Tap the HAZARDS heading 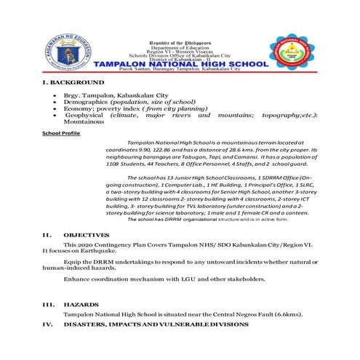pos(81,304)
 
